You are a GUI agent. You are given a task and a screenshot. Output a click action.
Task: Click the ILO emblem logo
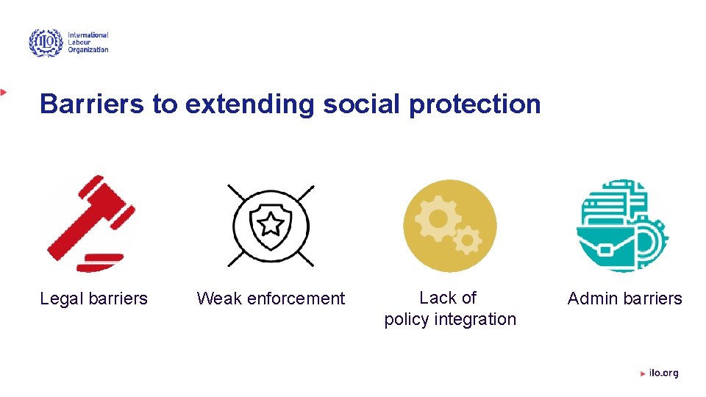[x=46, y=43]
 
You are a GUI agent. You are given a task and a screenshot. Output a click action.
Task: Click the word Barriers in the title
[x=92, y=104]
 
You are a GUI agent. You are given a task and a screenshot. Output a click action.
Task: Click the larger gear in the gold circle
[x=437, y=218]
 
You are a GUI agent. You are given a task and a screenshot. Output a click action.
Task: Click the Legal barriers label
[x=93, y=298]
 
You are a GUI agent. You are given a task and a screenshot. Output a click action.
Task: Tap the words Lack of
[x=448, y=298]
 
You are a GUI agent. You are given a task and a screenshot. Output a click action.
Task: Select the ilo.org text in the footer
[x=663, y=373]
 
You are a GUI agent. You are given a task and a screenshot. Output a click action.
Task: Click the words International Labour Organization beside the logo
[x=88, y=43]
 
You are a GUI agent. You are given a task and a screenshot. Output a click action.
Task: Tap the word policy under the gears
[x=407, y=319]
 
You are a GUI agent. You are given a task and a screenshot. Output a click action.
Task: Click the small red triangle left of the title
[x=4, y=92]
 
